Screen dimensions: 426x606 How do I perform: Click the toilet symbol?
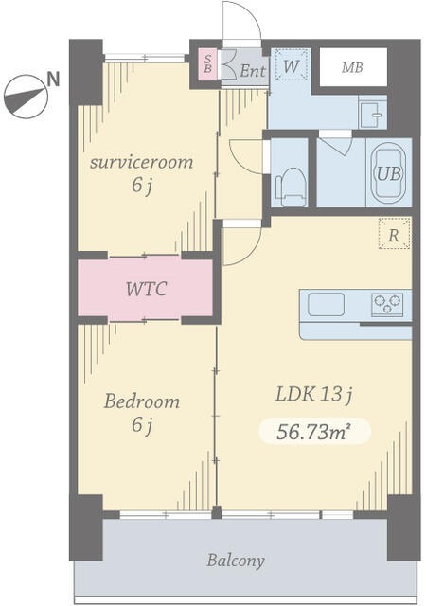click(291, 187)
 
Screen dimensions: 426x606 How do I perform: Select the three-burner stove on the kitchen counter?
click(387, 304)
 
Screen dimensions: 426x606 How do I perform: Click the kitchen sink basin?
click(326, 305)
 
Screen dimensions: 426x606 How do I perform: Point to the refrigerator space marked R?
click(394, 233)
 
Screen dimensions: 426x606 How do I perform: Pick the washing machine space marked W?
click(292, 64)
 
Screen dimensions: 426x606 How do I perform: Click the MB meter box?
click(353, 67)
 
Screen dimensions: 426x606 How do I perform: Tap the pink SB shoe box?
click(207, 64)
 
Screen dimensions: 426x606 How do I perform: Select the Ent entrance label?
click(253, 71)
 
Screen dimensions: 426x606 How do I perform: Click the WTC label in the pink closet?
click(146, 289)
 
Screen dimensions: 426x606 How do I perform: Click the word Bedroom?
click(142, 401)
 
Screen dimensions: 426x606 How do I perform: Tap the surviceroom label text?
click(141, 162)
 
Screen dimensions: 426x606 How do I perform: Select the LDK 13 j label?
click(314, 395)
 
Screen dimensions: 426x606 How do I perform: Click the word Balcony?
click(236, 561)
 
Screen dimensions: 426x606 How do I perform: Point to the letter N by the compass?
click(54, 80)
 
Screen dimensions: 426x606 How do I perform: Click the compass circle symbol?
click(26, 97)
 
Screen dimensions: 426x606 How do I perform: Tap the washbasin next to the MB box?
click(373, 114)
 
